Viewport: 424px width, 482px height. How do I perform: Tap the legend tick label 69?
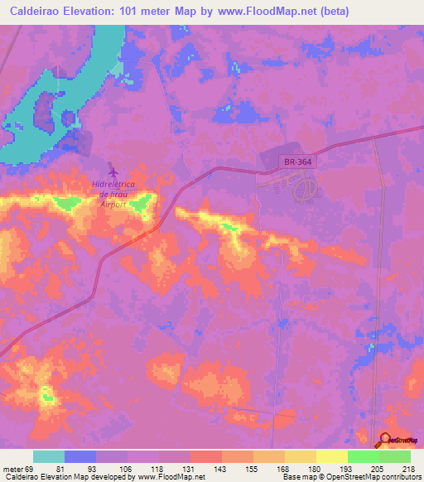[30, 468]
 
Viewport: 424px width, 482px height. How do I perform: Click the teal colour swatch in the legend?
[49, 456]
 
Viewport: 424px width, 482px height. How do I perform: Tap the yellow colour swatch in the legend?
[331, 456]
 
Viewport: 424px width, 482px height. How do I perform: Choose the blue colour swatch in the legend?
[80, 456]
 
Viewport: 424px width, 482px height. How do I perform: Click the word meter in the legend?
[12, 468]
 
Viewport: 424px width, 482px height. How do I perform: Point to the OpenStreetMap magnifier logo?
[385, 441]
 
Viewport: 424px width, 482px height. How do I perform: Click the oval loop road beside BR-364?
[304, 190]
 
